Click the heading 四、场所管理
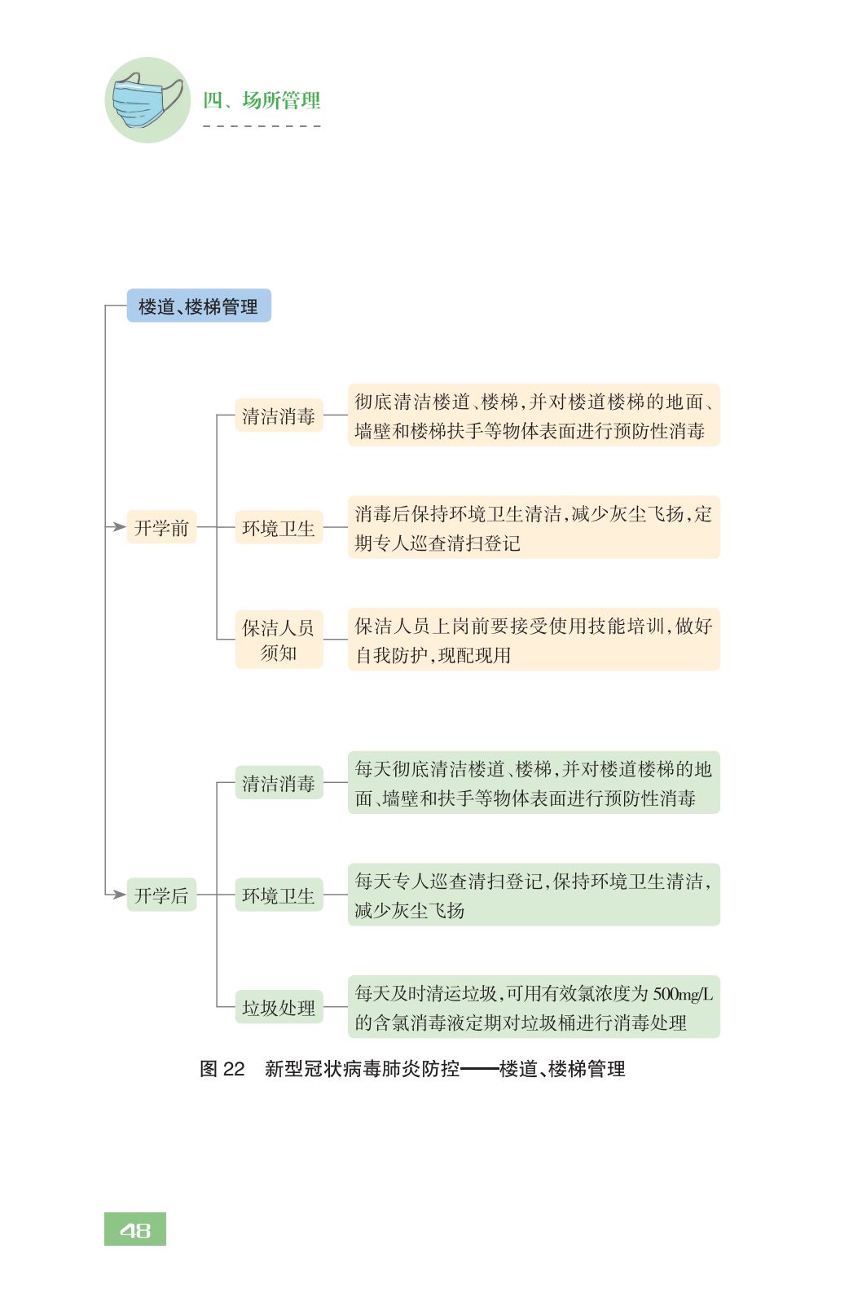coord(262,100)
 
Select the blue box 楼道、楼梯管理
coord(199,306)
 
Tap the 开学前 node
coord(161,528)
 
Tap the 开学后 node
coord(161,895)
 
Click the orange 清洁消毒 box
coord(279,416)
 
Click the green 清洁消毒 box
coord(279,783)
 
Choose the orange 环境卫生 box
coord(279,528)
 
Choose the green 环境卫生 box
coord(279,895)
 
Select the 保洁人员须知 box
coord(279,640)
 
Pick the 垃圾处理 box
coord(279,1008)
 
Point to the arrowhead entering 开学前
coord(119,527)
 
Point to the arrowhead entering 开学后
coord(119,895)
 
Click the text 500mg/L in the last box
coord(683,994)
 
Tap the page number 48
coord(135,1229)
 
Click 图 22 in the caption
coord(222,1069)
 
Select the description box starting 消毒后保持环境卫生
coord(534,528)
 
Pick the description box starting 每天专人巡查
coord(534,895)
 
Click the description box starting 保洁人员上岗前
coord(534,640)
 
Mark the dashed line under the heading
coord(262,126)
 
